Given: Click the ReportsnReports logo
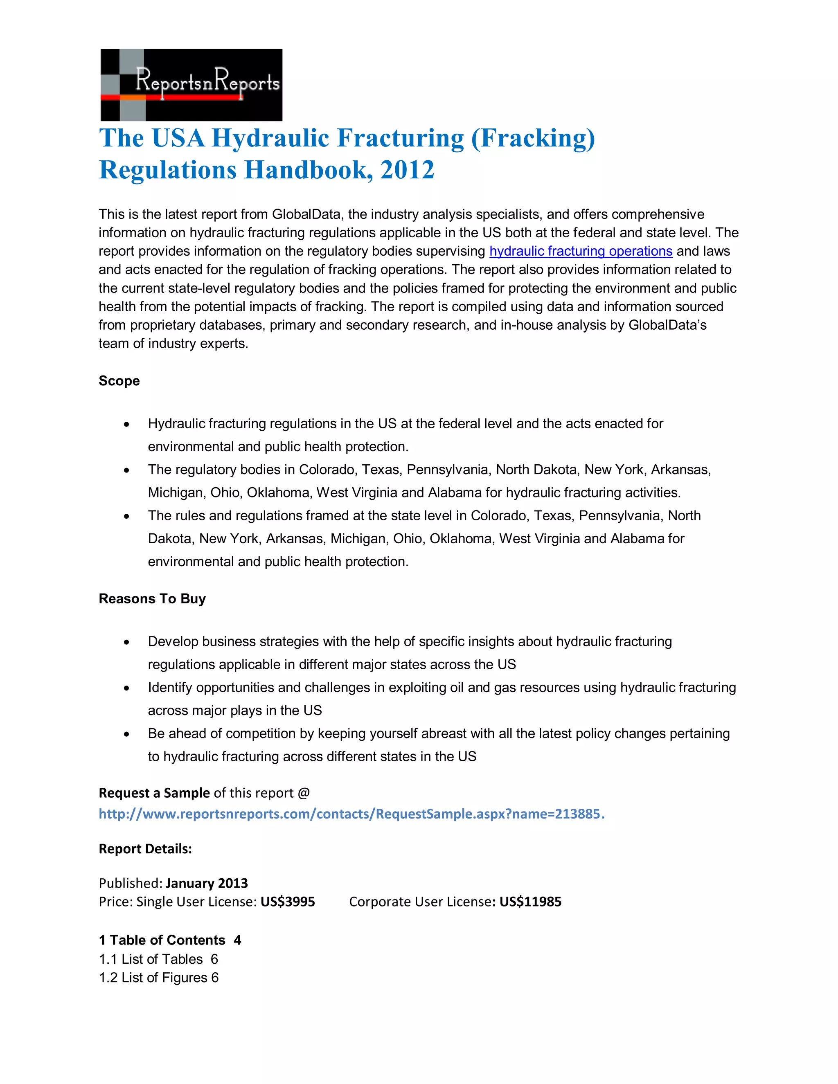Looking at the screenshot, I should coord(191,84).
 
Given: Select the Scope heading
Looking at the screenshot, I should coord(119,381).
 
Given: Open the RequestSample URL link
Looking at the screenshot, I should coord(351,814).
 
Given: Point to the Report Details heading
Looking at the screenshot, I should coord(145,849).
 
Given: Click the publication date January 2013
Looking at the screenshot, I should coord(207,883).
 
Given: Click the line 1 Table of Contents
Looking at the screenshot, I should coord(169,940).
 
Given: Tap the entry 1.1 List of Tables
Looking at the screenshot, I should coord(158,959).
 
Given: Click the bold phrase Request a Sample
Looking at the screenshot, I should coord(154,793).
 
